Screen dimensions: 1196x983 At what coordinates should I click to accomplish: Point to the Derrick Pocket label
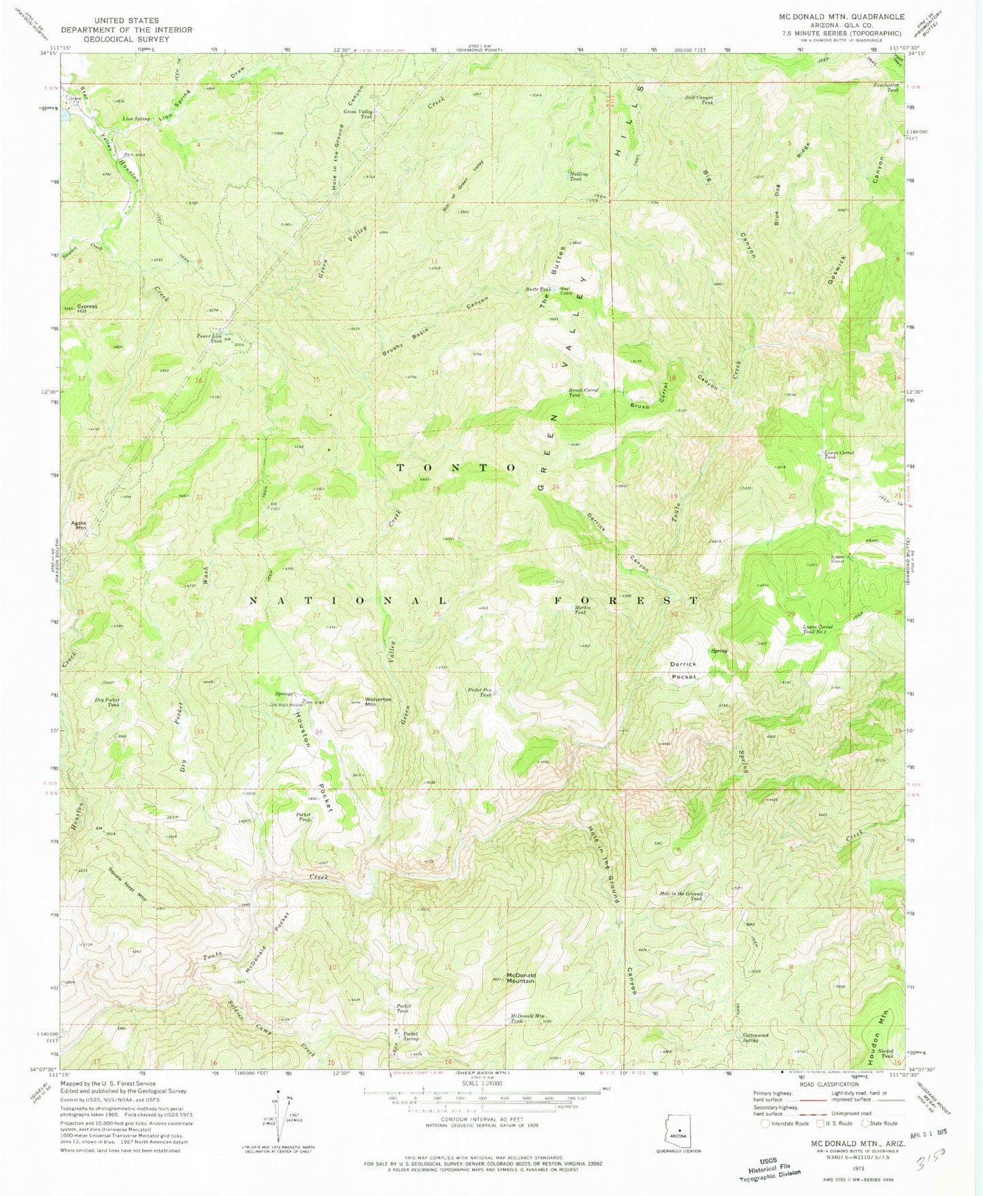[684, 670]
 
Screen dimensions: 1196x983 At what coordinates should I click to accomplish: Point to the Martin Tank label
[580, 610]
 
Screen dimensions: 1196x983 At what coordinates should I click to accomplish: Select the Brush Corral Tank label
[584, 393]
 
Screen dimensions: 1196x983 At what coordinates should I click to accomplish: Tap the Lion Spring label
[136, 118]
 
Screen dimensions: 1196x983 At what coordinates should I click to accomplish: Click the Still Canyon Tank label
[699, 100]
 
